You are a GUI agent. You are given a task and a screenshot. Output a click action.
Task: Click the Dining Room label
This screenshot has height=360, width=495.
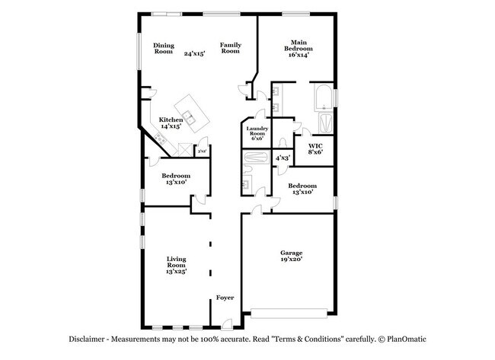tap(164, 48)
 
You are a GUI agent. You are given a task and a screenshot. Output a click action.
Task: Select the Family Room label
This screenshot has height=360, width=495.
tap(231, 48)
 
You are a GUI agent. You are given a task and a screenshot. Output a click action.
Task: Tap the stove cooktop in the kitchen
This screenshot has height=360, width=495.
tap(161, 138)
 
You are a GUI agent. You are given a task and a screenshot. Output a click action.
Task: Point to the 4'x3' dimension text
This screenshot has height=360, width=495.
tap(282, 158)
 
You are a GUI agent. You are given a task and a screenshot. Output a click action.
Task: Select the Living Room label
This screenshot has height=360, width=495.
tap(177, 264)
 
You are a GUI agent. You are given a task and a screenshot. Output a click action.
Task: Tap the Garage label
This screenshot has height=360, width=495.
tap(291, 256)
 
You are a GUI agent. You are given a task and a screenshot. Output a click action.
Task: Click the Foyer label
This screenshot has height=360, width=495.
tap(225, 298)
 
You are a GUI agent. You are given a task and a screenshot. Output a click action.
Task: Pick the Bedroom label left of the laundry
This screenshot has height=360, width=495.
tap(175, 179)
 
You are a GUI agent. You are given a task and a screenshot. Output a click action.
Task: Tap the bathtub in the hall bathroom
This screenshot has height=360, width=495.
tap(255, 158)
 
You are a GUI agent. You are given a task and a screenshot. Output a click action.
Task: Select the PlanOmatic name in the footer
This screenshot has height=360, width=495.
tap(410, 339)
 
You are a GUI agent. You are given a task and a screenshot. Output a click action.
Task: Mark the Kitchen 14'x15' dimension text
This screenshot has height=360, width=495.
tap(171, 126)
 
